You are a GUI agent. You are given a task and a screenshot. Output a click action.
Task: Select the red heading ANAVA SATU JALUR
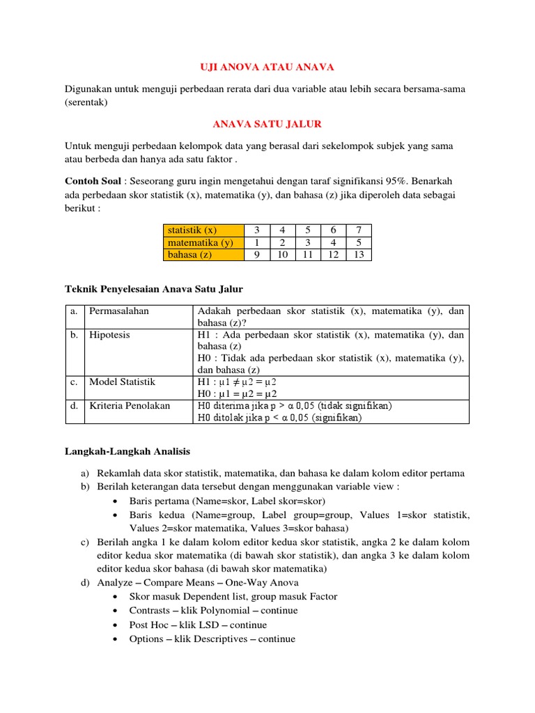(267, 123)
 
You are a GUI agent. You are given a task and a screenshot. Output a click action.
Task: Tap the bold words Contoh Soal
(91, 181)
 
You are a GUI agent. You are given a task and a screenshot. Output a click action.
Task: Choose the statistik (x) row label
(192, 230)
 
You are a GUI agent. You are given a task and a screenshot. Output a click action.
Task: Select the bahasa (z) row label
(189, 255)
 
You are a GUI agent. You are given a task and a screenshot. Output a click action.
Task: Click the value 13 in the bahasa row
(358, 255)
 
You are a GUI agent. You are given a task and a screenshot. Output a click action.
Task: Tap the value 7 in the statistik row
(358, 230)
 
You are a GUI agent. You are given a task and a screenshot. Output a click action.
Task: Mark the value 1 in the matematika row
(256, 242)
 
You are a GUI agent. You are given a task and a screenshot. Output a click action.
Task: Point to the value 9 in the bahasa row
(256, 255)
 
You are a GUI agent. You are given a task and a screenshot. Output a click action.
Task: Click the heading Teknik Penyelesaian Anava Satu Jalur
(154, 288)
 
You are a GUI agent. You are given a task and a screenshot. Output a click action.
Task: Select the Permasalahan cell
(119, 311)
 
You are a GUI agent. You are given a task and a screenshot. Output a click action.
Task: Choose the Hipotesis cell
(110, 334)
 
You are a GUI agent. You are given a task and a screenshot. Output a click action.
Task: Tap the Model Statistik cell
(123, 382)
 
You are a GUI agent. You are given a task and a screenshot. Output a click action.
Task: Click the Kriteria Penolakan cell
(130, 405)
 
